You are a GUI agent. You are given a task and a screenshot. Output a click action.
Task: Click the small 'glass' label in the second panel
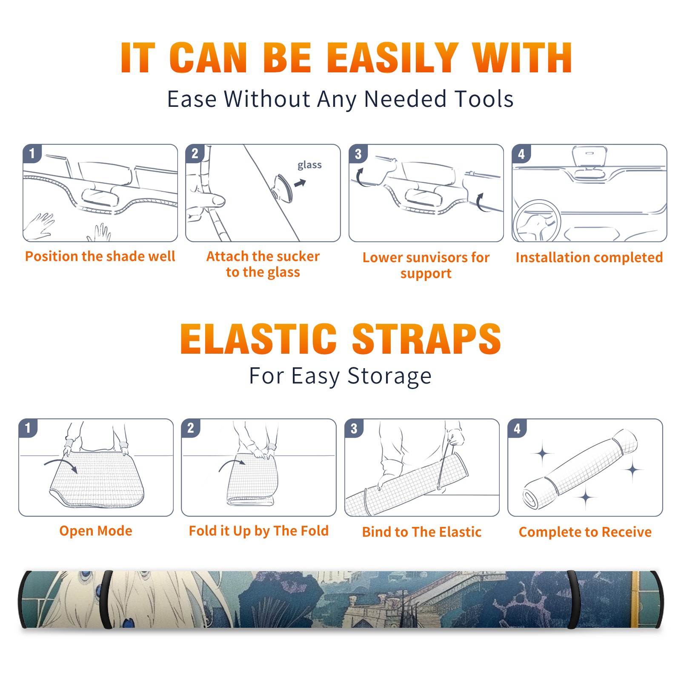point(309,165)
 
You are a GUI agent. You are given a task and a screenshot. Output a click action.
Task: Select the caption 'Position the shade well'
point(100,256)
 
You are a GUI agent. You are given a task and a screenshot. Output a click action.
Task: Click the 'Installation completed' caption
point(589,257)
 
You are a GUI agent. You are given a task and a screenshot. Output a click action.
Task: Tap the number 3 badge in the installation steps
point(358,154)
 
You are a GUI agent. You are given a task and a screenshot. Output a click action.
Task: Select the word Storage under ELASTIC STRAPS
point(389,376)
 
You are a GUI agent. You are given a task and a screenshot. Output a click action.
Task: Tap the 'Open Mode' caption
point(96,531)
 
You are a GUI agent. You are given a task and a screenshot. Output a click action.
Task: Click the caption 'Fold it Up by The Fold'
point(259,531)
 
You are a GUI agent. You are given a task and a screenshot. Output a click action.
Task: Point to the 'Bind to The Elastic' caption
point(422,532)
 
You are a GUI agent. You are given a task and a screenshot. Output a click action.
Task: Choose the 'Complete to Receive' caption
point(585,532)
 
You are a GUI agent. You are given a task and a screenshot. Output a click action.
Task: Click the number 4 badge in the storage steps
point(517,428)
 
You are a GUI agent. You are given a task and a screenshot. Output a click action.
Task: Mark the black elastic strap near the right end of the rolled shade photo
point(572,599)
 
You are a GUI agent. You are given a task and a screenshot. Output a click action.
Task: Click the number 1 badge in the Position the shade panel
point(32,154)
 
